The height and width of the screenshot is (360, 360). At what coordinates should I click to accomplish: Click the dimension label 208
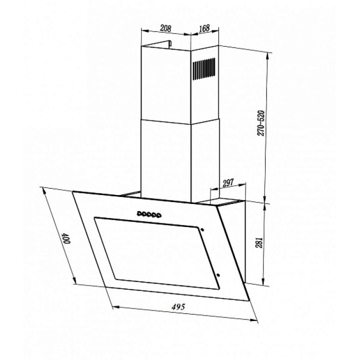(165, 28)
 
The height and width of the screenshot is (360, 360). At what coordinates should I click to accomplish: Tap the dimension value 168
(204, 28)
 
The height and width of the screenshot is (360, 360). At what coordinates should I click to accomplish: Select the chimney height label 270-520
(261, 123)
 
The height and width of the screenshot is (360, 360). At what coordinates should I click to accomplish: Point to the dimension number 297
(228, 183)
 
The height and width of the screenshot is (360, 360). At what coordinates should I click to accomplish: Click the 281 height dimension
(259, 242)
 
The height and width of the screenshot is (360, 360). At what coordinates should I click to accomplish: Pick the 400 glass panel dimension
(66, 238)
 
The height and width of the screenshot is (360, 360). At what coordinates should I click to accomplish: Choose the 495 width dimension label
(178, 306)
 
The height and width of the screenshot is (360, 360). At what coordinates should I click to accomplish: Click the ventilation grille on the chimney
(204, 68)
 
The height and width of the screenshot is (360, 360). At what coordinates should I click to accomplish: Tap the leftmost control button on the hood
(139, 214)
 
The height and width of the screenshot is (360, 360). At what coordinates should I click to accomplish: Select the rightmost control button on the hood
(158, 215)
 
